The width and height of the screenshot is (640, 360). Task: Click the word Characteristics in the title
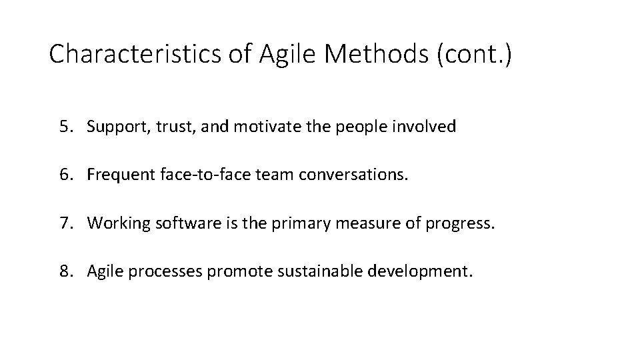coord(133,54)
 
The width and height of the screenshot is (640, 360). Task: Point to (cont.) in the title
coord(474,54)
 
